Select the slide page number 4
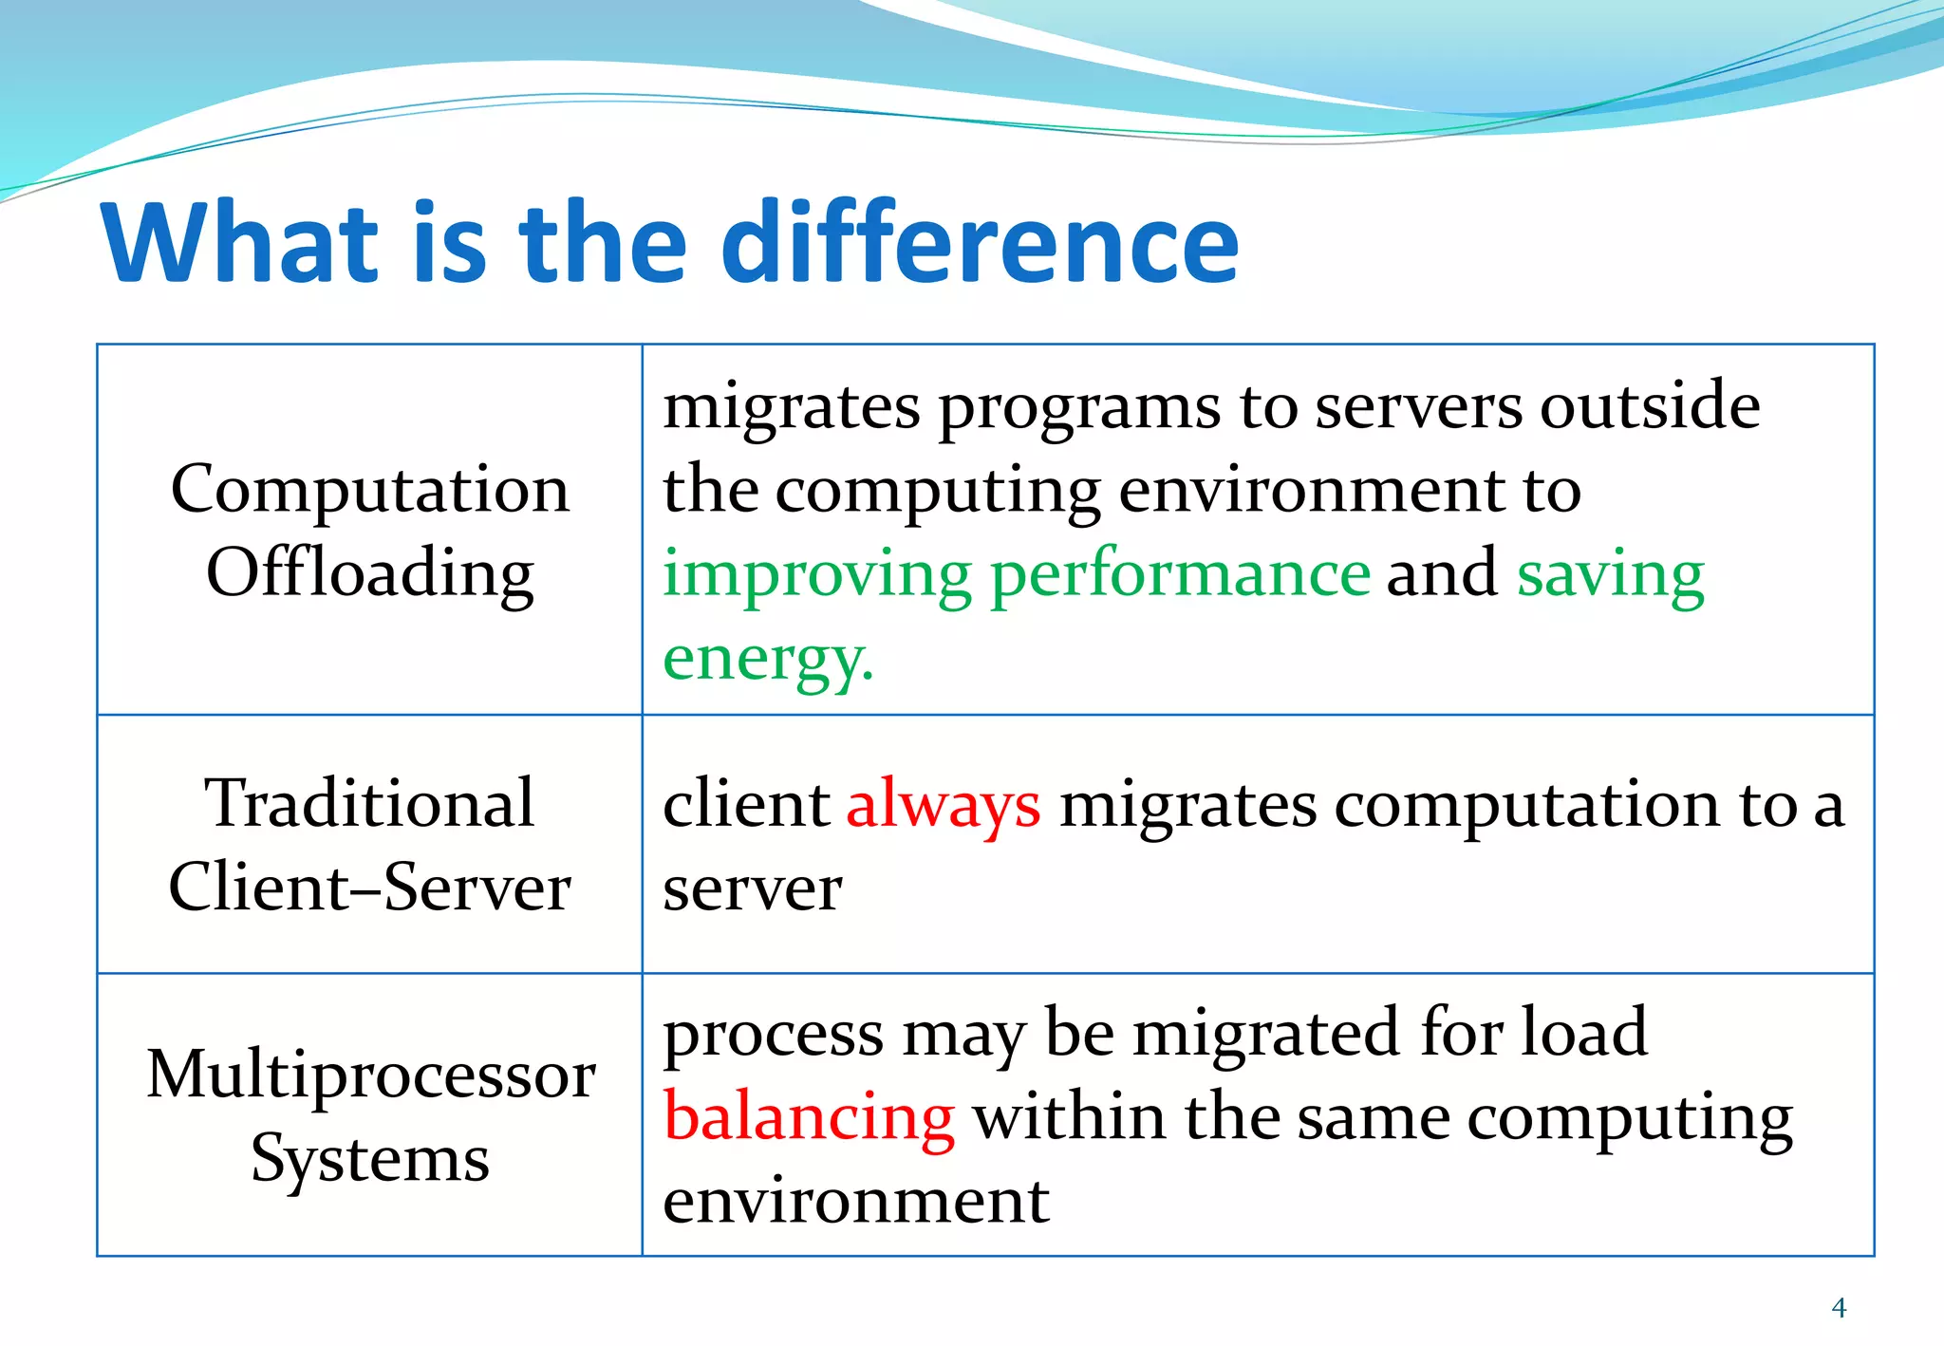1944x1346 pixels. pyautogui.click(x=1839, y=1308)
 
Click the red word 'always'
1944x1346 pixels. pyautogui.click(x=943, y=805)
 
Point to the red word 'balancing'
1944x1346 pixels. pyautogui.click(x=809, y=1116)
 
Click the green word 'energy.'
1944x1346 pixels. pyautogui.click(x=767, y=659)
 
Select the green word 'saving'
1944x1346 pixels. pyautogui.click(x=1610, y=575)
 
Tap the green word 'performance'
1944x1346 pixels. pyautogui.click(x=1180, y=575)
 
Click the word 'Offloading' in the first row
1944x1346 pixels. pyautogui.click(x=370, y=573)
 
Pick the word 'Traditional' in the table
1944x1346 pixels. pyautogui.click(x=369, y=803)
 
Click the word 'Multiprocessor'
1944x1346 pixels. pyautogui.click(x=370, y=1075)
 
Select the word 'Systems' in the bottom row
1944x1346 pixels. pyautogui.click(x=370, y=1159)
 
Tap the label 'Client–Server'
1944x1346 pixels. pyautogui.click(x=369, y=887)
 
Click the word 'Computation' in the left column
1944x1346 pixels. pyautogui.click(x=370, y=490)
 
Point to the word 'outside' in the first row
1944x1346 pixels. pyautogui.click(x=1650, y=406)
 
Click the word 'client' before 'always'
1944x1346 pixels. pyautogui.click(x=746, y=805)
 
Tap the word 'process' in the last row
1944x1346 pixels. pyautogui.click(x=773, y=1035)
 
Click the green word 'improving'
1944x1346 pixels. pyautogui.click(x=816, y=575)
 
